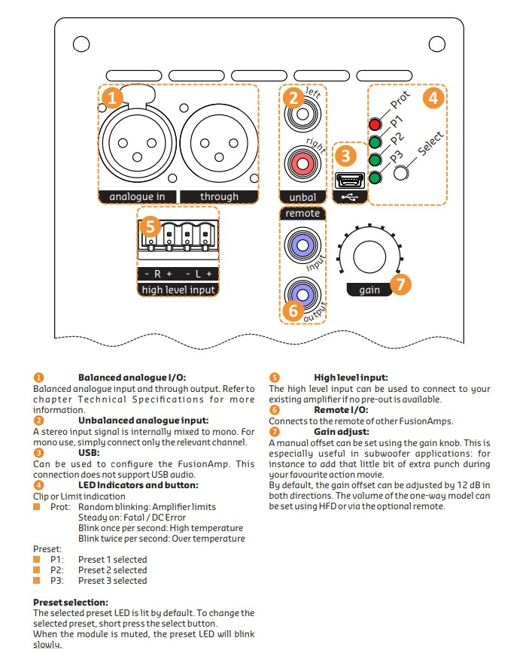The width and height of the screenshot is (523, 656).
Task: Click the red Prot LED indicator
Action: tap(374, 124)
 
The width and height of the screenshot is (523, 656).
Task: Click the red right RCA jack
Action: tap(303, 165)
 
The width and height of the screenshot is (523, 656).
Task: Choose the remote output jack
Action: tap(303, 293)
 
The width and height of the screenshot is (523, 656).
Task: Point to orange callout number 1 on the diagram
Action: tap(111, 97)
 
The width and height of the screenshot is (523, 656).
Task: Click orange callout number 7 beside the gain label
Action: tap(400, 284)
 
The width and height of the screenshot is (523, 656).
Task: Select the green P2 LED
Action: tap(374, 159)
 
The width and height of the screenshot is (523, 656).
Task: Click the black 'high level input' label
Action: tap(178, 290)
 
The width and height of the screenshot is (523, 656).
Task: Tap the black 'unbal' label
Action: tap(303, 197)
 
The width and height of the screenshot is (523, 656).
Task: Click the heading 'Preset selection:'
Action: tap(71, 603)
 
